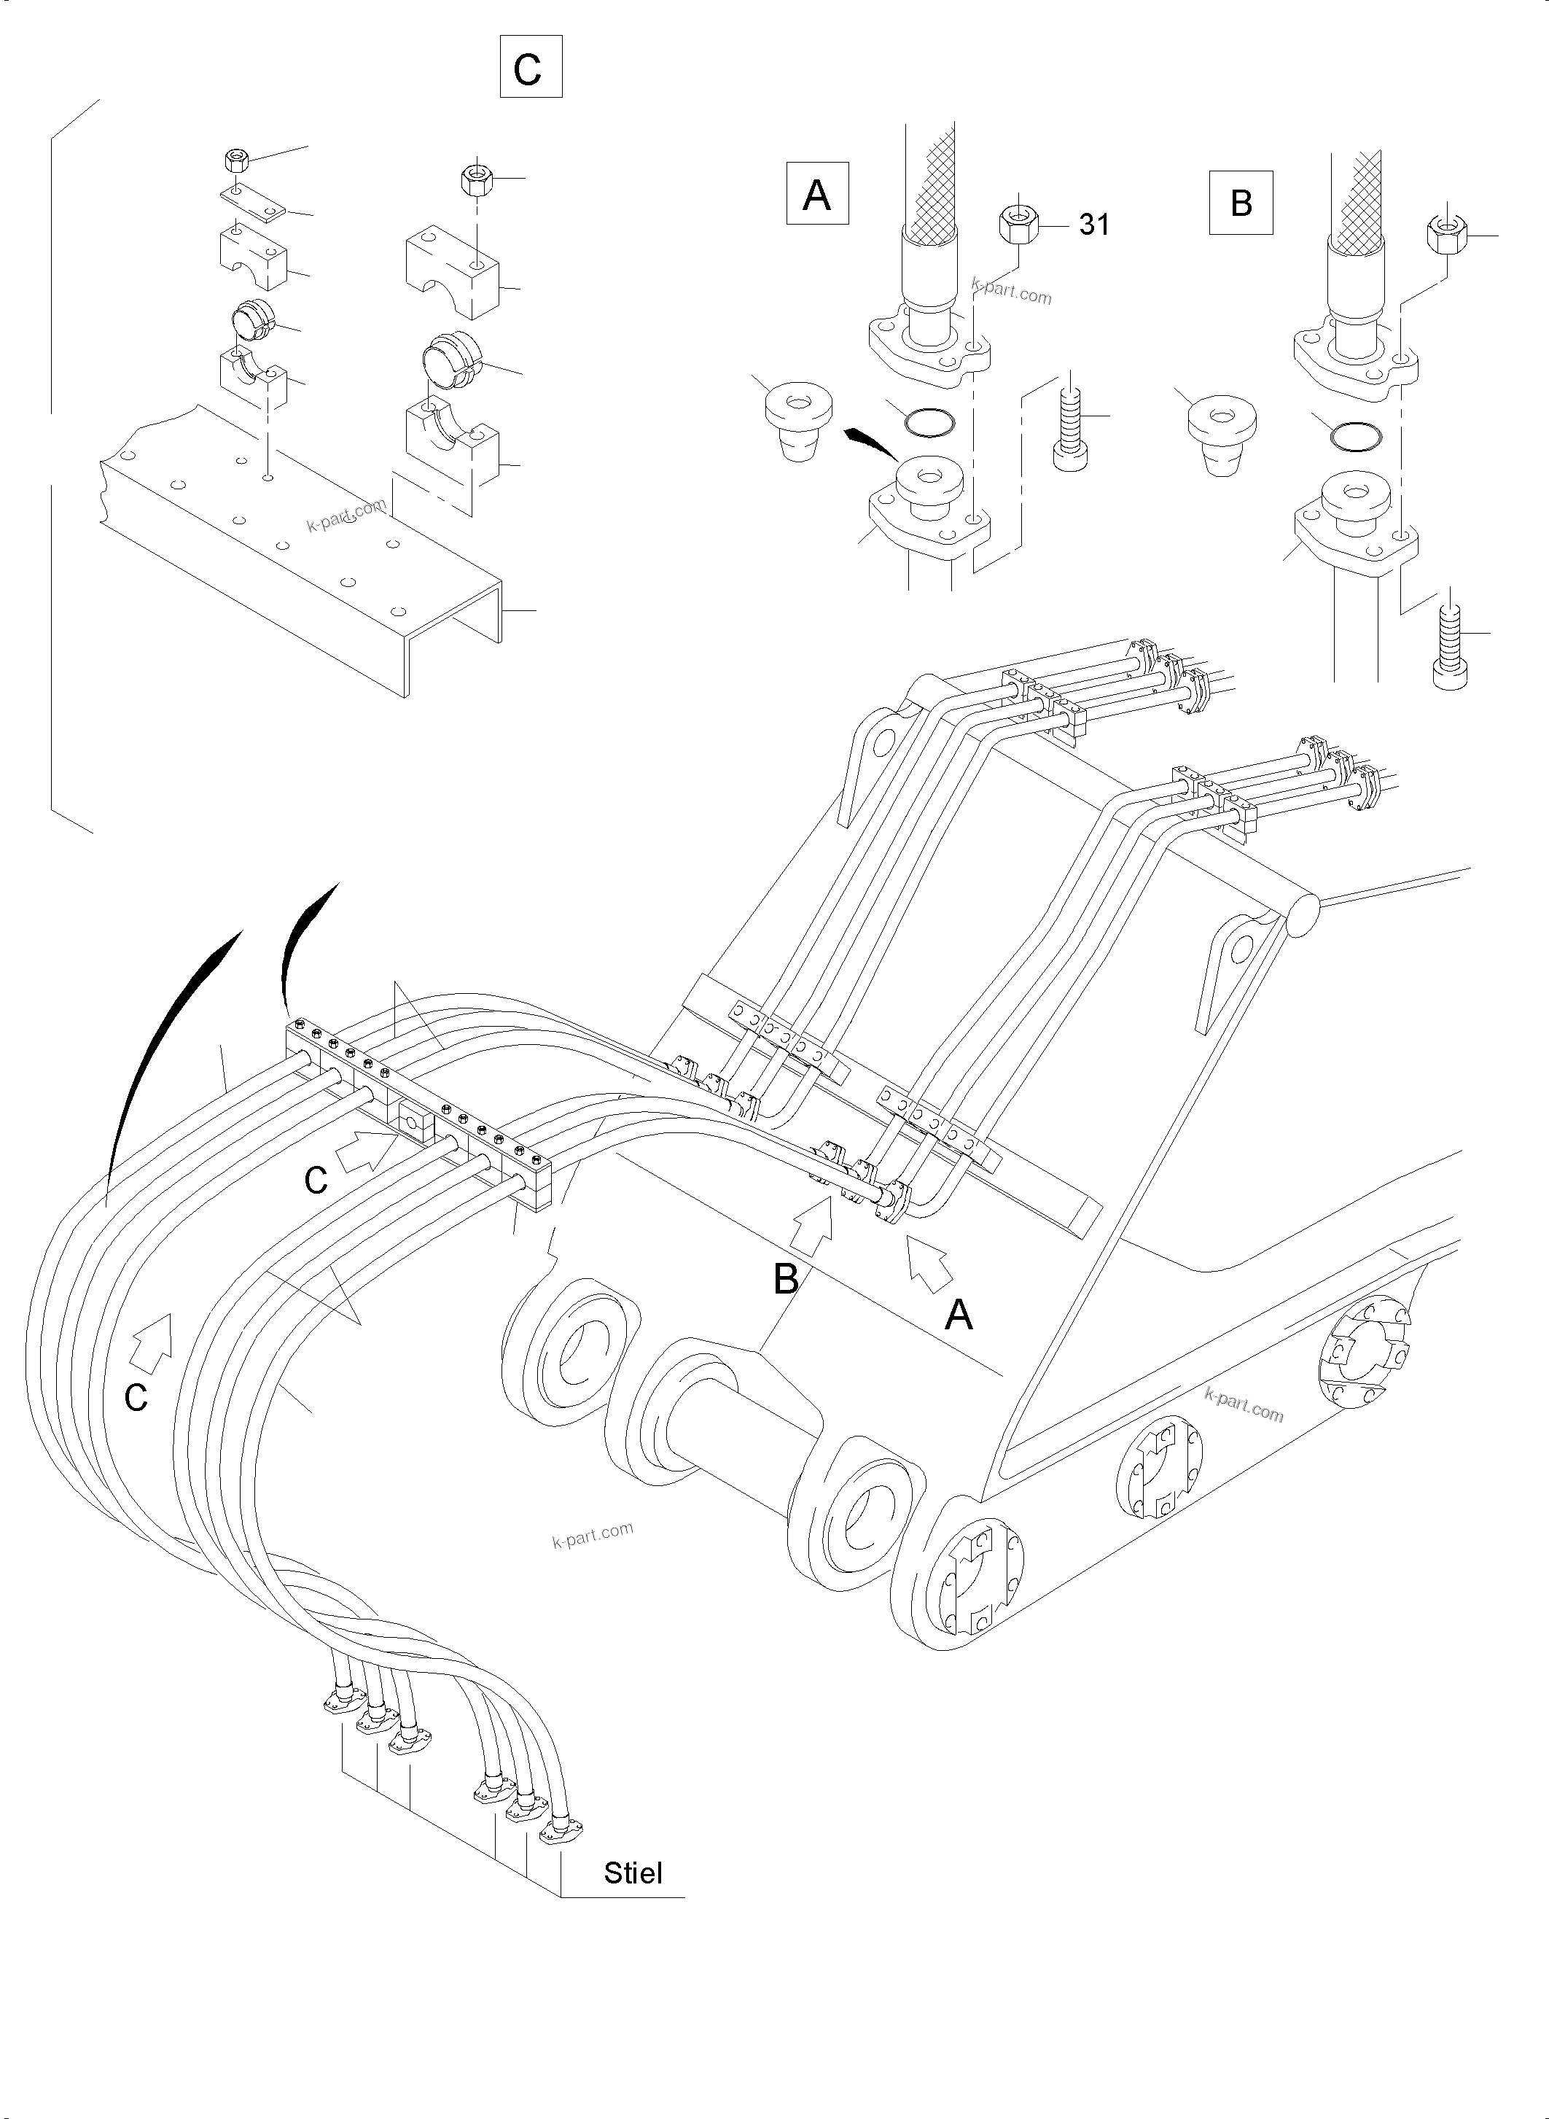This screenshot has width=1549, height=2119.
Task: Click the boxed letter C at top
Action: point(530,66)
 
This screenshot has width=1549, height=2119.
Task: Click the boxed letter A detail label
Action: point(816,194)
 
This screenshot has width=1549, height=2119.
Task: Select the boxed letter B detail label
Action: point(1241,202)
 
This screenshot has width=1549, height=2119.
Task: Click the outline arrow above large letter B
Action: point(812,1228)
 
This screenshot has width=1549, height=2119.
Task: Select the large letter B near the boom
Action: point(786,1280)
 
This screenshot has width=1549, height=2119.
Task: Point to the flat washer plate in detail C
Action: point(253,203)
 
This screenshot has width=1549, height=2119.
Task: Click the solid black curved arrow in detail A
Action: point(871,443)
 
